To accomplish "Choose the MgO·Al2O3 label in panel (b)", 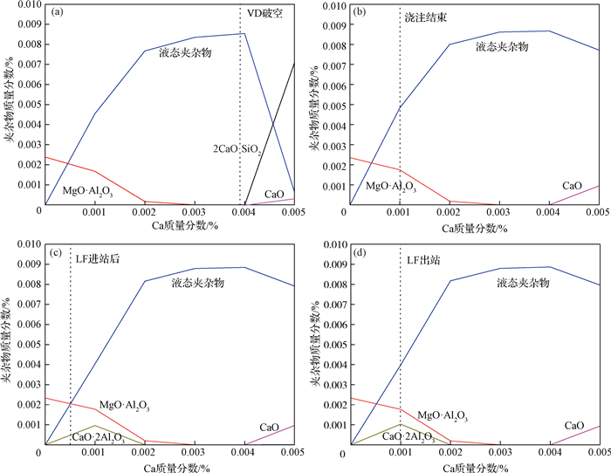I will pos(390,187).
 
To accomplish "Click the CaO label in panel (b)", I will pos(572,186).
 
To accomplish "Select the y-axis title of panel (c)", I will pos(7,338).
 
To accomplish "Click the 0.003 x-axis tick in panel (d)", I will pos(500,455).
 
